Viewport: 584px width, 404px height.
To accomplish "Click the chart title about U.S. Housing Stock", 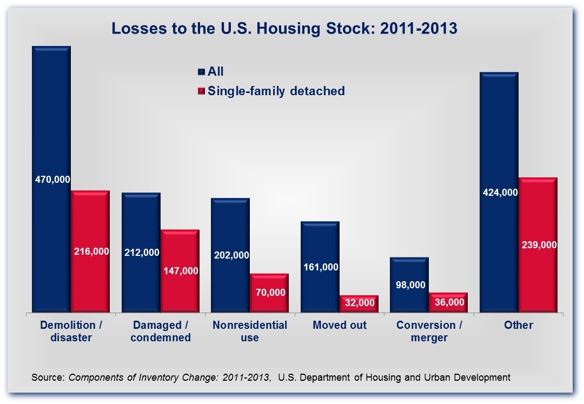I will click(284, 28).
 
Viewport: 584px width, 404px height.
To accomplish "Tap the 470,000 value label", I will click(52, 179).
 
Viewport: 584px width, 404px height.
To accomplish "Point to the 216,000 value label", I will click(90, 251).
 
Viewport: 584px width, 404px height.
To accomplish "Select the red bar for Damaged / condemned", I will click(180, 249).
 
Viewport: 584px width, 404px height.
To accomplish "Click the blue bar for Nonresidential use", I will click(230, 227).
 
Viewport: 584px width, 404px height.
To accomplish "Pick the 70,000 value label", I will click(269, 292).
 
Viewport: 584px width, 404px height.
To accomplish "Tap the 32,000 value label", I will click(359, 303).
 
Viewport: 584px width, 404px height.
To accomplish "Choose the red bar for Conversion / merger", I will click(448, 302).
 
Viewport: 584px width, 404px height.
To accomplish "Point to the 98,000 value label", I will click(410, 285).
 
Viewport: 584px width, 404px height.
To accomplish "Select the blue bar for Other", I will click(499, 135).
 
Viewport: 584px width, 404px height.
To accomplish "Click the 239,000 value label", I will click(538, 244).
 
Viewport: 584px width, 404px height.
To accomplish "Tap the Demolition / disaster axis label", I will click(71, 331).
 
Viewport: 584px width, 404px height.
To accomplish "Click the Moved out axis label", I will click(340, 325).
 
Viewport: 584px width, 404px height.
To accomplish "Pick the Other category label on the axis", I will click(519, 325).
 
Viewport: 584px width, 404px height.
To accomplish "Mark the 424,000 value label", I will click(499, 193).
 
